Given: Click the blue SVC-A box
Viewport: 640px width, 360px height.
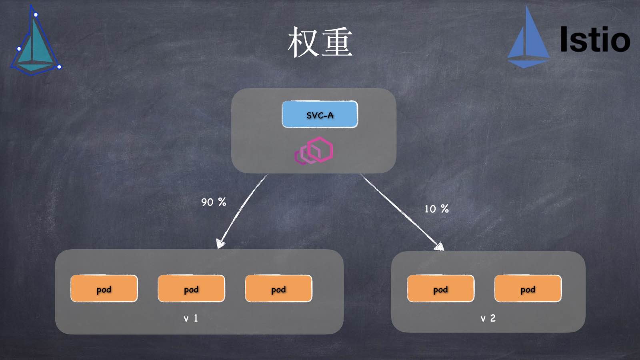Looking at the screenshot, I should tap(320, 114).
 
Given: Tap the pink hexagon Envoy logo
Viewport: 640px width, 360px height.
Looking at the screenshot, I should tap(314, 151).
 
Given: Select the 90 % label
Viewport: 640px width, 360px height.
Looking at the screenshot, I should tap(214, 202).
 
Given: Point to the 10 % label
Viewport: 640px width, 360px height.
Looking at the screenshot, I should tap(436, 209).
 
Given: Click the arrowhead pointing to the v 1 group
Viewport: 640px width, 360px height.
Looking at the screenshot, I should tap(220, 243).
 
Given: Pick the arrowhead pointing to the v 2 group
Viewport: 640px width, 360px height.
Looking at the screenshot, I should tap(439, 246).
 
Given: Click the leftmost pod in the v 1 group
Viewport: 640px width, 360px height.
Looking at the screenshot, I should tap(104, 288).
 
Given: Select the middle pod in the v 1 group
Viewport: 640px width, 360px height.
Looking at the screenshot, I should tap(191, 288).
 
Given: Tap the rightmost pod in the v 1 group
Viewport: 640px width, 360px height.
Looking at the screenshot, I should tap(278, 288).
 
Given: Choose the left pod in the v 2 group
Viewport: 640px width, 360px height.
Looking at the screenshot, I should tap(440, 288).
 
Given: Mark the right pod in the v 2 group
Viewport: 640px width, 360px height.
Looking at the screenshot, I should tap(528, 288).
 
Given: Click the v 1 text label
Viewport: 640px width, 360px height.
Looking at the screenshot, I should tap(191, 318).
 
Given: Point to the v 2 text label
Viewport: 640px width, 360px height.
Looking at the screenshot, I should tap(488, 318).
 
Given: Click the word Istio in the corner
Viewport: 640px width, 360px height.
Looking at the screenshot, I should tap(595, 39).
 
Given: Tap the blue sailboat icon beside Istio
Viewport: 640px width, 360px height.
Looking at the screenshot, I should tap(528, 40).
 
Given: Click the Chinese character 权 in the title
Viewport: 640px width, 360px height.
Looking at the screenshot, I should tap(303, 42).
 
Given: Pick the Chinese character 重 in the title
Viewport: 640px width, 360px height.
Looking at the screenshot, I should tap(337, 42).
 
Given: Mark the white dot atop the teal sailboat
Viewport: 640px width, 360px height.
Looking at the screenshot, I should tap(36, 15).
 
